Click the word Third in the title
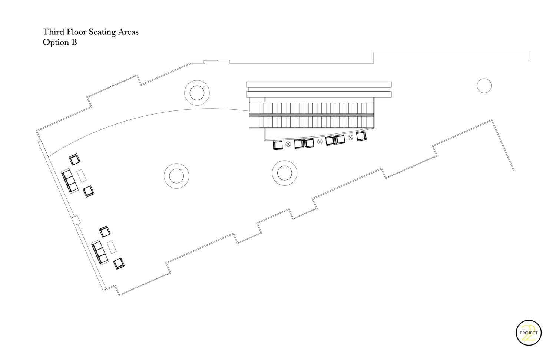(53, 32)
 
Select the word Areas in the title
(128, 32)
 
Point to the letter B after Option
(74, 42)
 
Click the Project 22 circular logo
(529, 333)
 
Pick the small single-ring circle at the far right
(484, 86)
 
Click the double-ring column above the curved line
(197, 93)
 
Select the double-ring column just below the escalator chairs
(285, 173)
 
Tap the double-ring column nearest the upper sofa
(176, 175)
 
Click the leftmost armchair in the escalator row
(278, 145)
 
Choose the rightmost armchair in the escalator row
(361, 136)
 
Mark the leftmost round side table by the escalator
(288, 144)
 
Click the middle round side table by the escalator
(320, 142)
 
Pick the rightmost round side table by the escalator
(350, 138)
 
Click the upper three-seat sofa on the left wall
(70, 181)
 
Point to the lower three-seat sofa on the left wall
(100, 252)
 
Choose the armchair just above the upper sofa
(75, 159)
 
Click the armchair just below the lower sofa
(119, 263)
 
